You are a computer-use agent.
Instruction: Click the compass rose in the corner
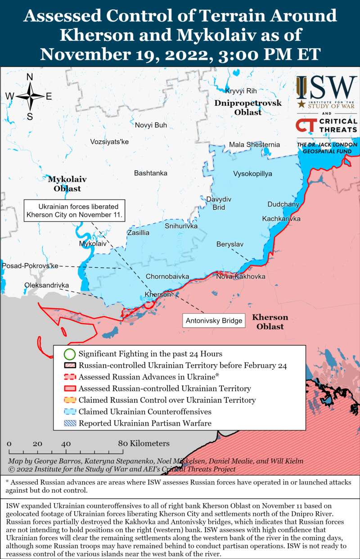pos(30,96)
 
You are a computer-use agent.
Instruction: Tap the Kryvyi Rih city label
pos(241,90)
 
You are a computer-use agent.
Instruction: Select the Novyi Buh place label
pos(151,125)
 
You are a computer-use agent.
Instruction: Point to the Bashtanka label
pos(150,173)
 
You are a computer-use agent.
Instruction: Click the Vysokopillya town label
pos(252,174)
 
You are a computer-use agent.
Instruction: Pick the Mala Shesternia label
pos(254,144)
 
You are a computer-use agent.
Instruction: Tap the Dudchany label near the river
pos(283,204)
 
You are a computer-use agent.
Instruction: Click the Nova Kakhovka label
pos(240,276)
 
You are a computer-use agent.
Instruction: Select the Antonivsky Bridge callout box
pos(214,321)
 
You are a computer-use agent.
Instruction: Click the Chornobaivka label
pos(167,276)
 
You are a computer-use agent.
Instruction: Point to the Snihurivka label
pos(181,226)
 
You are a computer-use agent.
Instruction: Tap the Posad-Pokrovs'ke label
pos(30,266)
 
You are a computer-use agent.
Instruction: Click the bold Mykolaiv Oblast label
pos(67,184)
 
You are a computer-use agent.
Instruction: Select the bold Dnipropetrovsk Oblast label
pos(247,108)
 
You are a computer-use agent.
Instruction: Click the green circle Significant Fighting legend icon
pos(69,354)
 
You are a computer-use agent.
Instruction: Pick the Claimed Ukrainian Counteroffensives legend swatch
pos(69,412)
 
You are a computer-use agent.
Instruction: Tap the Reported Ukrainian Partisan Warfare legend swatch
pos(69,423)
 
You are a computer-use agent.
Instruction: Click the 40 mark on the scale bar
pos(66,444)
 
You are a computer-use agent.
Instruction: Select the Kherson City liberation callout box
pos(74,210)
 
